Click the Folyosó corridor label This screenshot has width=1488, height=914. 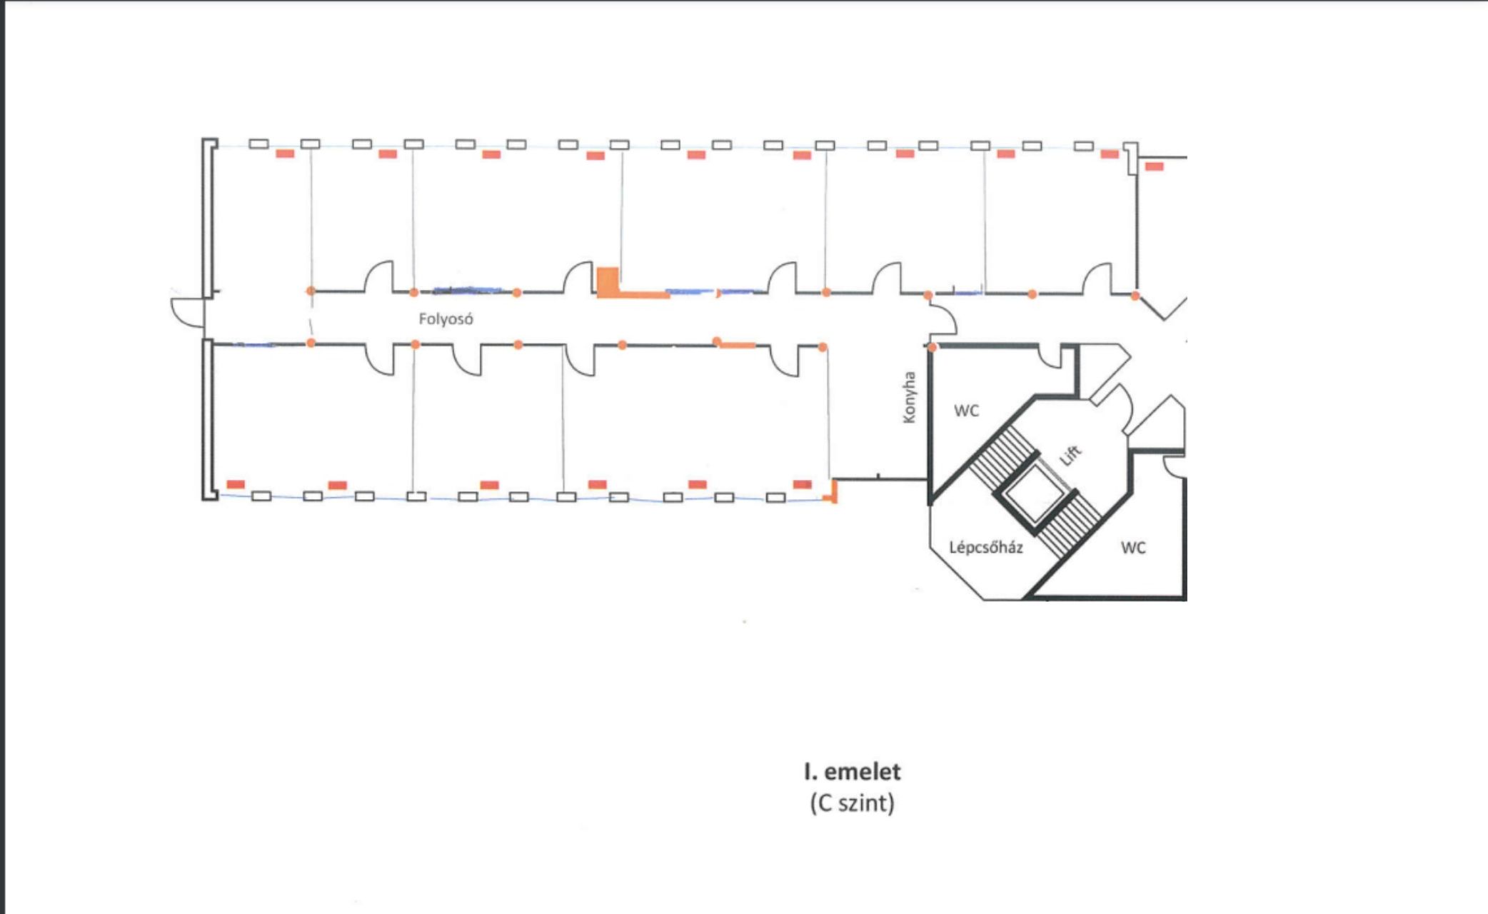(x=446, y=319)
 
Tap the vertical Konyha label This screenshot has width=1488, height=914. (x=909, y=397)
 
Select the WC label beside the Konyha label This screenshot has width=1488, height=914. (x=966, y=411)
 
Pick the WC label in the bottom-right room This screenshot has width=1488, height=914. (x=1133, y=548)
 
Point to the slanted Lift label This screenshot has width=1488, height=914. (x=1070, y=455)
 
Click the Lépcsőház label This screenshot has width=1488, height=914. (x=986, y=548)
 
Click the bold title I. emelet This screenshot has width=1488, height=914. (x=852, y=772)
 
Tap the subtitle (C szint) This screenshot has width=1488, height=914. (x=852, y=803)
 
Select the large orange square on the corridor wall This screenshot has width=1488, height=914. (x=608, y=281)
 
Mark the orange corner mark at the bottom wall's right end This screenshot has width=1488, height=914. (x=831, y=493)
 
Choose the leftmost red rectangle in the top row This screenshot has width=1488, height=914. (x=285, y=154)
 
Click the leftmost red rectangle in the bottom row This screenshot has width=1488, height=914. (x=236, y=484)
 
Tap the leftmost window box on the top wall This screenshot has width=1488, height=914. (x=258, y=144)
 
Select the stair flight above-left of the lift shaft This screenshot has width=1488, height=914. (x=1001, y=458)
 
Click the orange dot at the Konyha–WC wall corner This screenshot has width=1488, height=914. (x=932, y=348)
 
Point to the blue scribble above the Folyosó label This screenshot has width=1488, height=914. (x=468, y=291)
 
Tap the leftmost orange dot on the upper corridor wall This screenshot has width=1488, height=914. (x=311, y=291)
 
